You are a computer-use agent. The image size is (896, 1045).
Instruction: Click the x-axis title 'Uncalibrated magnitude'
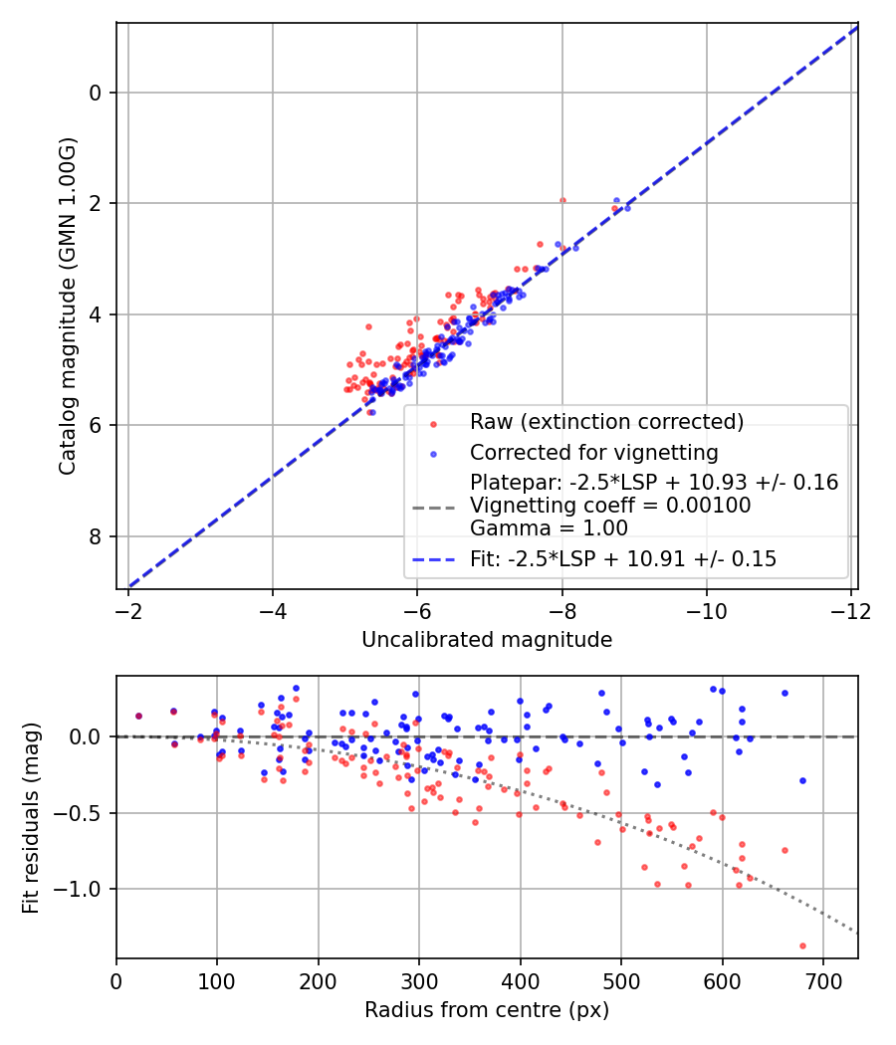point(487,640)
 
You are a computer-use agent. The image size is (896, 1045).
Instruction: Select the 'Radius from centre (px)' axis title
point(487,1010)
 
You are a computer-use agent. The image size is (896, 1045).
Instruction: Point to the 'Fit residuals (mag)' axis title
point(31,818)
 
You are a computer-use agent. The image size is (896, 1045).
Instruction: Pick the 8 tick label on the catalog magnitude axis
point(95,537)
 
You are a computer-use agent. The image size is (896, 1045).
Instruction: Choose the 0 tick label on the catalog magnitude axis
point(95,94)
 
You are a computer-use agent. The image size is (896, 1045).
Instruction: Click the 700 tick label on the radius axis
point(822,980)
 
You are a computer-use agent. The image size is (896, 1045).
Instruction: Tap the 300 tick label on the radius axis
point(419,980)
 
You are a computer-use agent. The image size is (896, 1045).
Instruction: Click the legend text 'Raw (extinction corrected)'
point(607,422)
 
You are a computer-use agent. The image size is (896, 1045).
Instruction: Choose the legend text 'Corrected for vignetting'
point(594,453)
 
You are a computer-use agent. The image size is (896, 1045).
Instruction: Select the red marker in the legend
point(433,423)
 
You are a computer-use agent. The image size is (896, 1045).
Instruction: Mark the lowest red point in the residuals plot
point(802,945)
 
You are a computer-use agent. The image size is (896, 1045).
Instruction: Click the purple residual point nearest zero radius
point(138,716)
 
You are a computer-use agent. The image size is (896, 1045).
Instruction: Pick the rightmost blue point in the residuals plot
point(802,780)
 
